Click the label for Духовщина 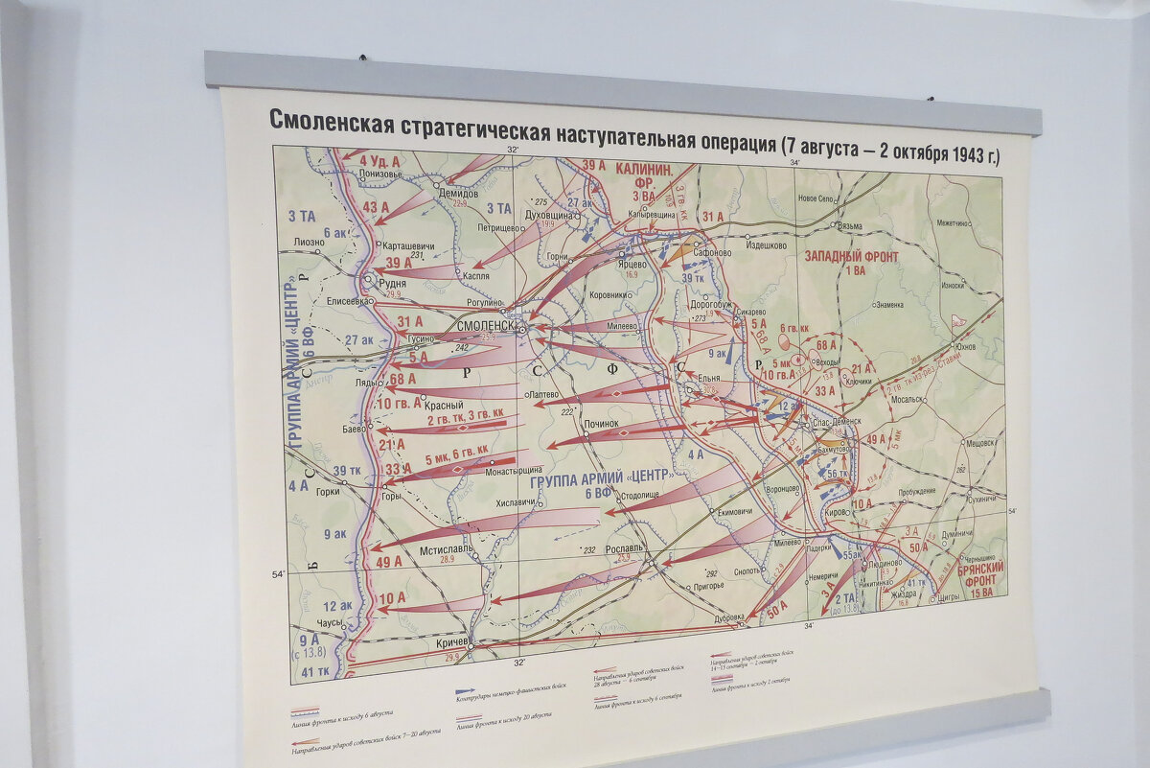[549, 216]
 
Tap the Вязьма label [851, 226]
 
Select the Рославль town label [625, 548]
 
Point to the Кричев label [452, 640]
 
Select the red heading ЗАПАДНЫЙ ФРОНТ [850, 257]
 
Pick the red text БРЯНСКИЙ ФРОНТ [979, 574]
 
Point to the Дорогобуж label [710, 305]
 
